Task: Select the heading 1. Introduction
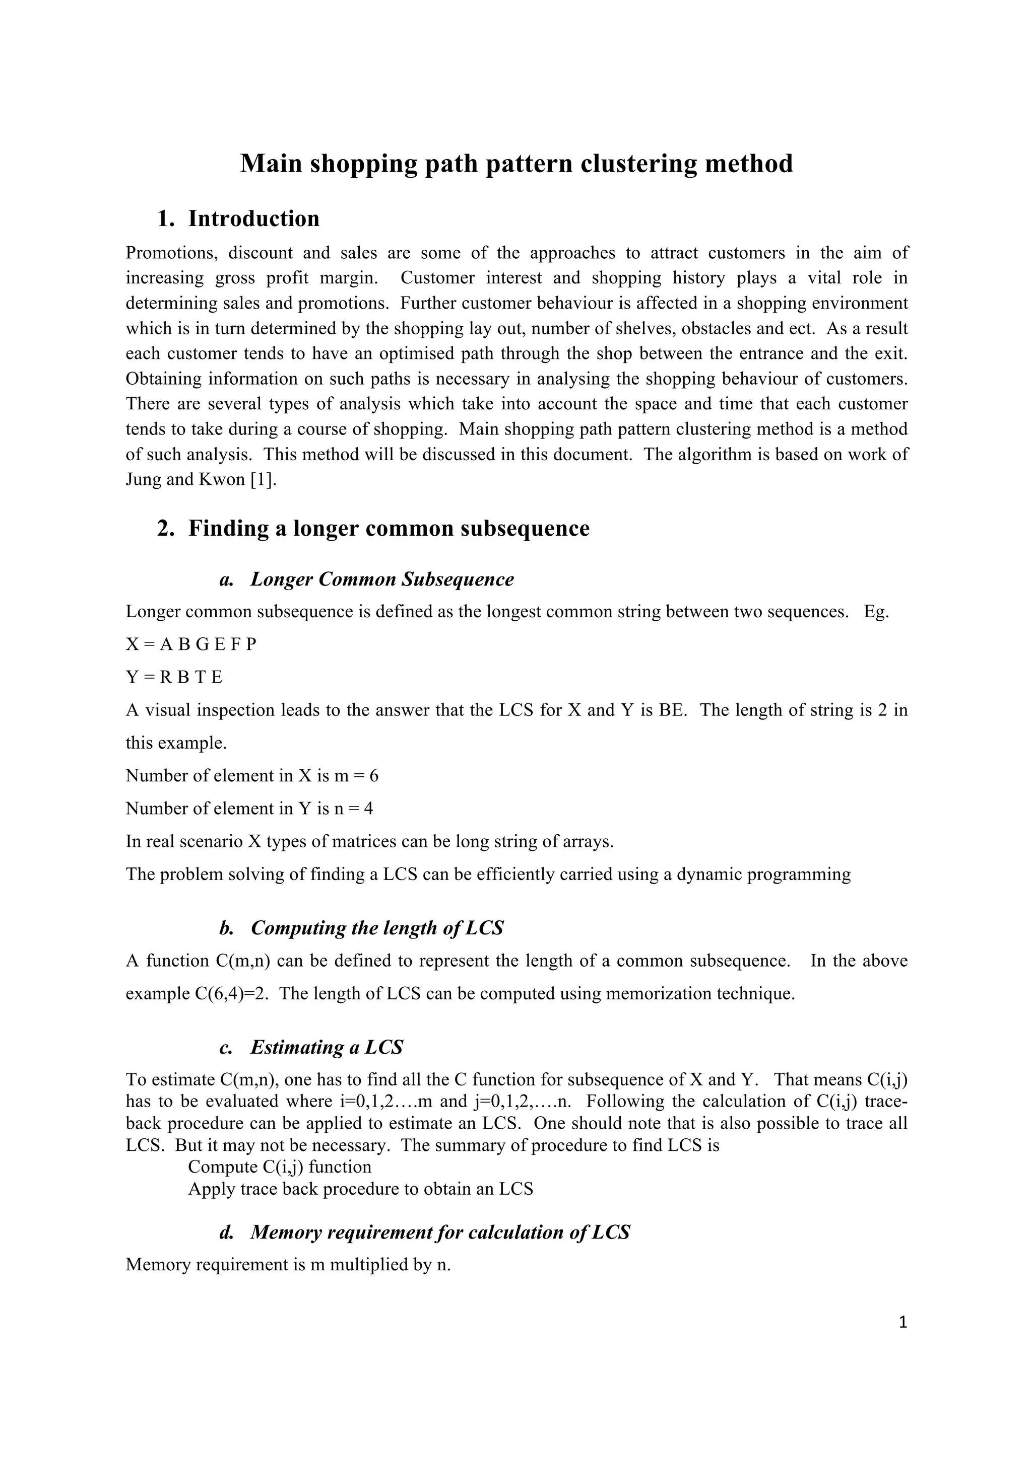[238, 218]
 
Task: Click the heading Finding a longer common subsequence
[389, 528]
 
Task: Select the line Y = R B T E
[174, 678]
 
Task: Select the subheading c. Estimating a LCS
[311, 1047]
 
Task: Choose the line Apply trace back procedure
[360, 1189]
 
